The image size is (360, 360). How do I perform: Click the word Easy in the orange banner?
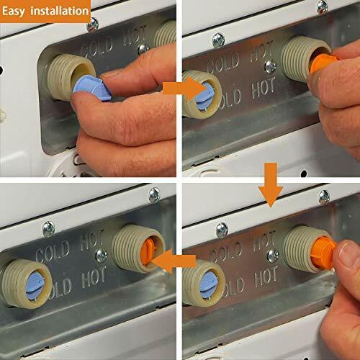pyautogui.click(x=14, y=11)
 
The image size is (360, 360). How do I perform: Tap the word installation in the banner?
pyautogui.click(x=60, y=11)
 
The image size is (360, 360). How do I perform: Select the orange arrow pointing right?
pyautogui.click(x=184, y=89)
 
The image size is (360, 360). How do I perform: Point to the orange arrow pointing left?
pyautogui.click(x=174, y=261)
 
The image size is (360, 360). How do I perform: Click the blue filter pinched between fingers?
pyautogui.click(x=91, y=88)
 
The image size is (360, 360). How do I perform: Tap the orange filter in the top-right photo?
pyautogui.click(x=323, y=63)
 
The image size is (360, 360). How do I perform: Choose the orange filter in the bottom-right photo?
pyautogui.click(x=323, y=252)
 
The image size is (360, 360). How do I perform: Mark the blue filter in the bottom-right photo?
pyautogui.click(x=209, y=286)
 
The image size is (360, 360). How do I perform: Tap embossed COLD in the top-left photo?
pyautogui.click(x=96, y=48)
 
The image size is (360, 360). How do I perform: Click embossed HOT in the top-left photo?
pyautogui.click(x=135, y=36)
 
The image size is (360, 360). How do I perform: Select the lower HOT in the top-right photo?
pyautogui.click(x=264, y=89)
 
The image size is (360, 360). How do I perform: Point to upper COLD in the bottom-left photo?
pyautogui.click(x=53, y=252)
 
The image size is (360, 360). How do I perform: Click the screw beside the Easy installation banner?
pyautogui.click(x=93, y=24)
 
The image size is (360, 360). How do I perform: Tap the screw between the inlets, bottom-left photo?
pyautogui.click(x=102, y=256)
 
